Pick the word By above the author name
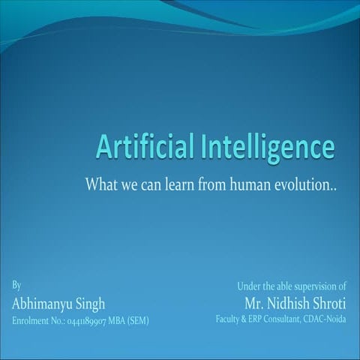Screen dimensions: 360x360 tap(16, 286)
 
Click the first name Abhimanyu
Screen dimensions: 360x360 tap(43, 304)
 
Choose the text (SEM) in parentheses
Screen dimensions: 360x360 tap(139, 321)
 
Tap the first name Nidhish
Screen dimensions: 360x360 tap(292, 304)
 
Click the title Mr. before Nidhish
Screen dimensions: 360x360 tap(254, 304)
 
